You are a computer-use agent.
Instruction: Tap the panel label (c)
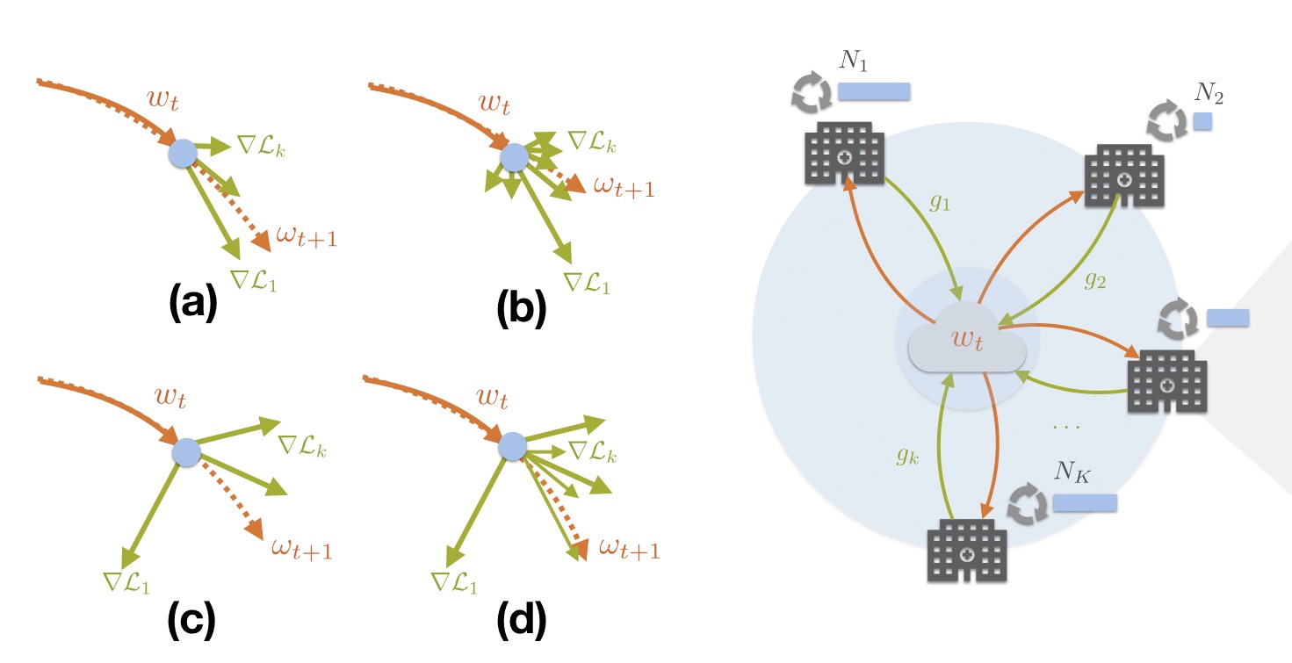[x=191, y=621]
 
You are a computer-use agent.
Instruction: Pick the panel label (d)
[x=521, y=621]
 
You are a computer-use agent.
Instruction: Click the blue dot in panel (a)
[x=183, y=155]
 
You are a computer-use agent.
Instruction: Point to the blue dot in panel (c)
[x=186, y=453]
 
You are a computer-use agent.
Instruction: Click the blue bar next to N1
[x=874, y=92]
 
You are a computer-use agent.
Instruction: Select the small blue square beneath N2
[x=1202, y=121]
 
